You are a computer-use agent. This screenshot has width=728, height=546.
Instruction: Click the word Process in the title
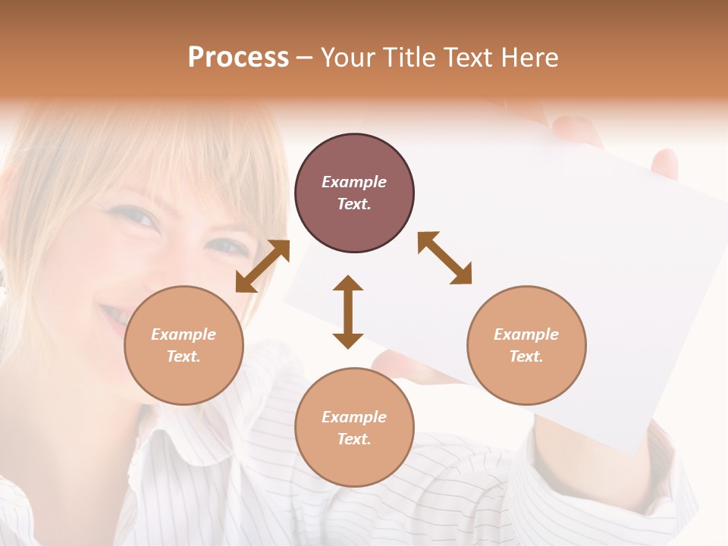tap(238, 58)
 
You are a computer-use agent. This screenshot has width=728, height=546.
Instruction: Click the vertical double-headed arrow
tap(348, 312)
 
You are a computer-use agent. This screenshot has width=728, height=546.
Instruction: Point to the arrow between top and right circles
tap(445, 258)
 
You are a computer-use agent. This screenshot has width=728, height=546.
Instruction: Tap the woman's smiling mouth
tap(114, 315)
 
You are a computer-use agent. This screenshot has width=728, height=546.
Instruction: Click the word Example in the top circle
tap(354, 182)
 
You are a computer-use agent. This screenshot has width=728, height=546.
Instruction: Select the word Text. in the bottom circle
tap(354, 439)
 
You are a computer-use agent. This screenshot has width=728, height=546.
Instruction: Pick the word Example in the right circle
tap(526, 334)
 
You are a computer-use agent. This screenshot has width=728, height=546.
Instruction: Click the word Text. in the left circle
tap(184, 356)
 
